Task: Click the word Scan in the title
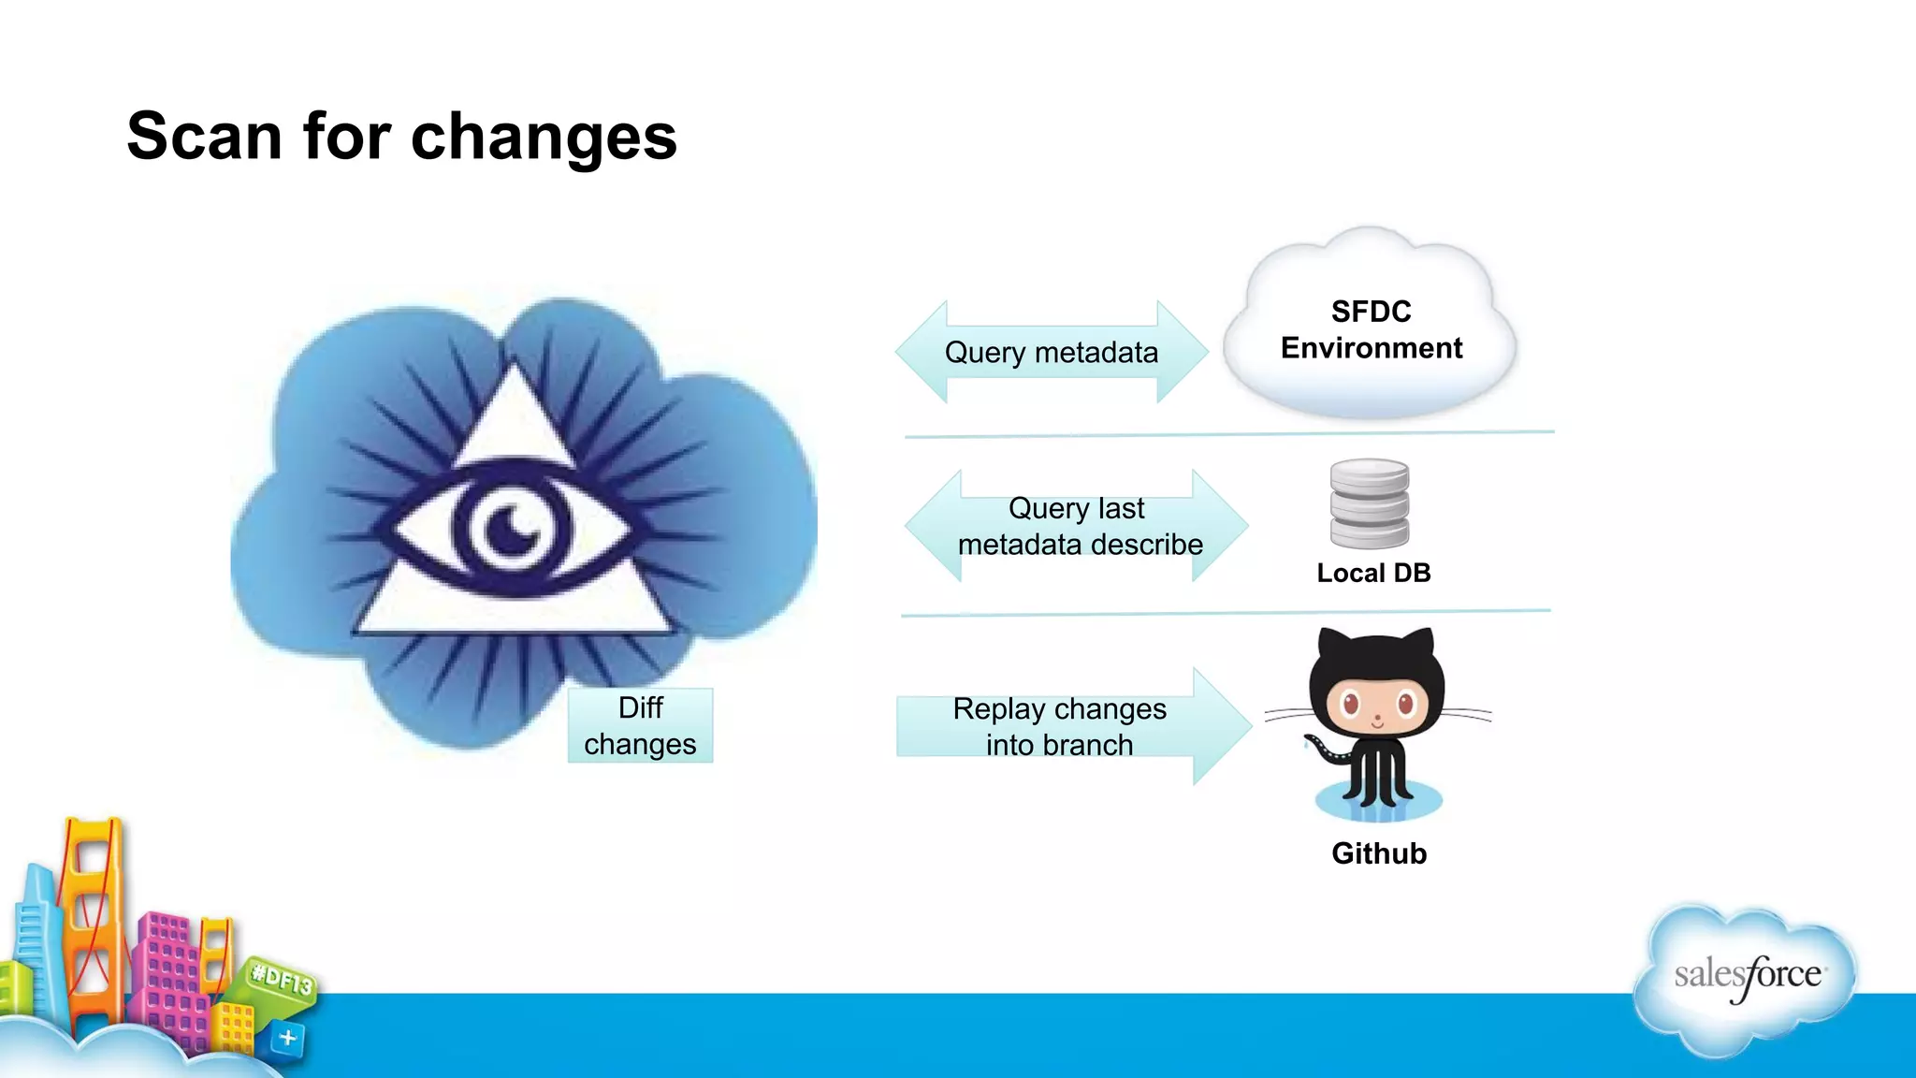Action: point(204,137)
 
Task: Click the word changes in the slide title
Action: point(544,138)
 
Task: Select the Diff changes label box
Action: point(641,726)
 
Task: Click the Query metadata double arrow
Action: point(1051,353)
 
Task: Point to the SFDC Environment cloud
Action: point(1370,328)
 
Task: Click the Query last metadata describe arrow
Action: point(1078,527)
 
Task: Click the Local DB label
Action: point(1373,573)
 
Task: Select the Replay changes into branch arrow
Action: point(1067,727)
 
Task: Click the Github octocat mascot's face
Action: point(1376,704)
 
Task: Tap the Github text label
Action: point(1379,853)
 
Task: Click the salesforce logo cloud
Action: point(1747,978)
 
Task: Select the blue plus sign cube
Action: point(287,1038)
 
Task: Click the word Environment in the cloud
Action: point(1371,348)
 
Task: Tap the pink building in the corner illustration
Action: point(168,973)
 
